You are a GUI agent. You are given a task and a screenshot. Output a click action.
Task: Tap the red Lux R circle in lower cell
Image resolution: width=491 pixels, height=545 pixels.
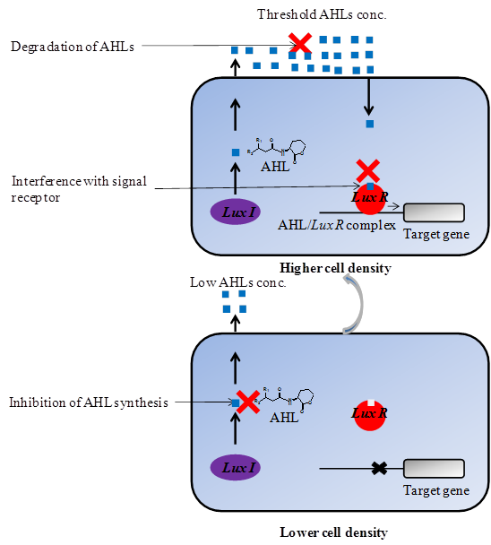point(369,415)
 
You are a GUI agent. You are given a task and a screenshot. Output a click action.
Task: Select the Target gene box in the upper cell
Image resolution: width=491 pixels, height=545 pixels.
point(435,212)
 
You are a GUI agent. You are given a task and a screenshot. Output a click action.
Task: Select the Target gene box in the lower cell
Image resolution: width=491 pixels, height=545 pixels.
point(435,468)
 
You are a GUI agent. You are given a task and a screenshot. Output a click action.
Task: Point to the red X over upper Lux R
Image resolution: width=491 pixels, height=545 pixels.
point(367,169)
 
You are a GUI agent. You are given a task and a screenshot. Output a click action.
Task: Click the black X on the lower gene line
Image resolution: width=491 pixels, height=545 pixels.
point(379,468)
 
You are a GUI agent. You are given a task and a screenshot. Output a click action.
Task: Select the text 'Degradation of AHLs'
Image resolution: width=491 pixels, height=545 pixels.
point(73,46)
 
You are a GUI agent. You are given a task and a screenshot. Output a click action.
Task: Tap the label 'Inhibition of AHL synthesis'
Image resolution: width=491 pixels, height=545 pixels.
point(89,402)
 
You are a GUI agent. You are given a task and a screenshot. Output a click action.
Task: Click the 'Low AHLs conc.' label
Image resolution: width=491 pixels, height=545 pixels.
point(238,282)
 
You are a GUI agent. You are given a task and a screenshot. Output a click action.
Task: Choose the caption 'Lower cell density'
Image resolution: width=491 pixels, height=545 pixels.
point(333,532)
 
